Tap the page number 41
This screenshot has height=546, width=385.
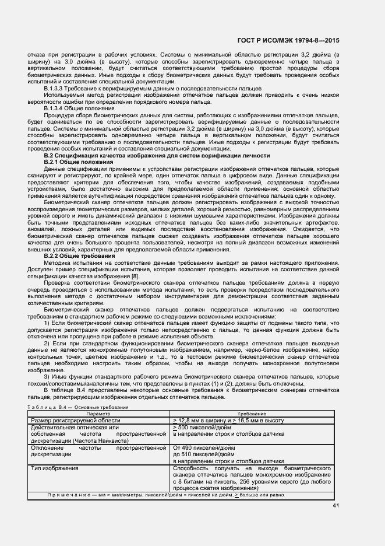(x=335, y=505)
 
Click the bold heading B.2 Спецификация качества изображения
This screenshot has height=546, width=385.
(x=157, y=156)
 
